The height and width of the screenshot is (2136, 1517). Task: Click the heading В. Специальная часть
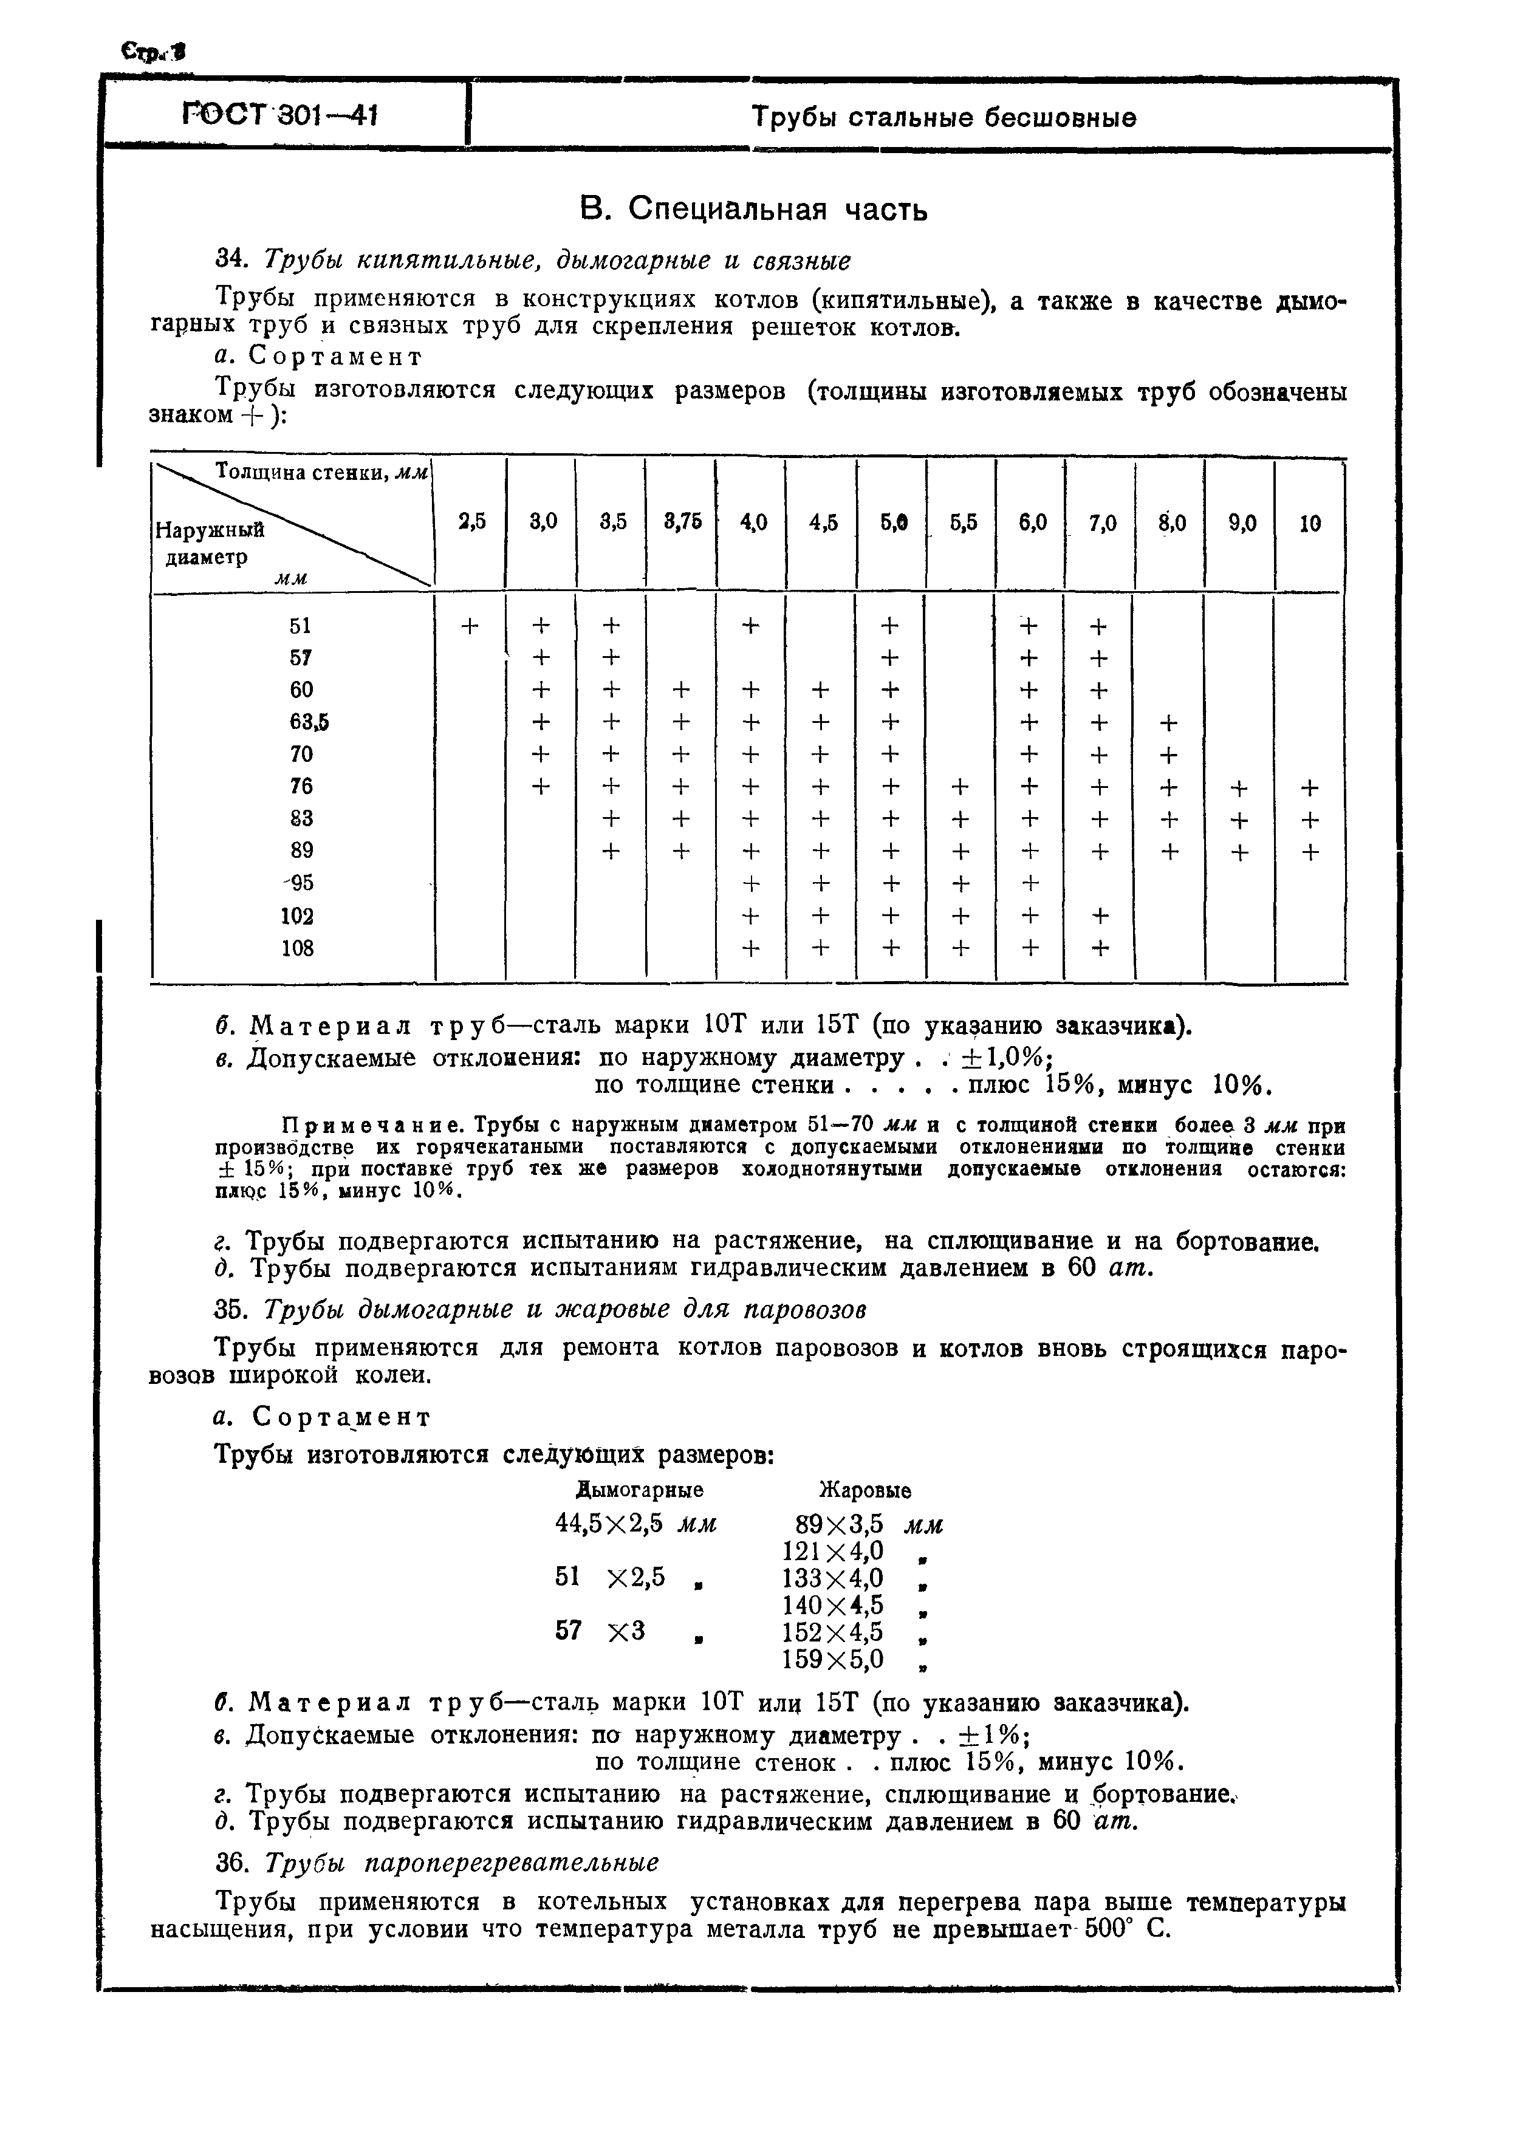pos(754,209)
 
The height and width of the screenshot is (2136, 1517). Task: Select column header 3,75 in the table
pos(682,523)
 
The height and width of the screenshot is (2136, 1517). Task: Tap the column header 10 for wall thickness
pos(1310,524)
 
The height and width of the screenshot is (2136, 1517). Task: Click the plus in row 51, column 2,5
pos(470,625)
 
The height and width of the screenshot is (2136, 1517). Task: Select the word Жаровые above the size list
pos(865,1490)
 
